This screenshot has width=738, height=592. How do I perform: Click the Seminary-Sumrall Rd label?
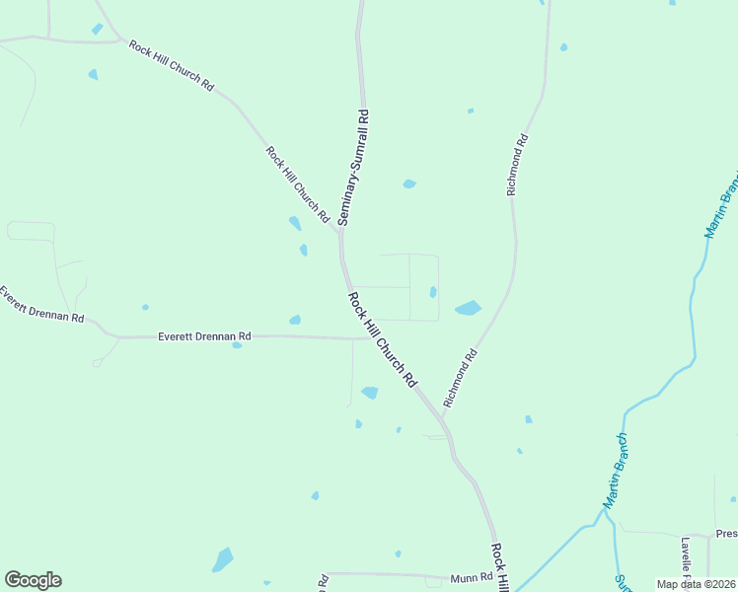[354, 168]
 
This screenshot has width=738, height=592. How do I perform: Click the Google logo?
[33, 580]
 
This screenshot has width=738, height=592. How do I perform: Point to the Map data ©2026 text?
[696, 584]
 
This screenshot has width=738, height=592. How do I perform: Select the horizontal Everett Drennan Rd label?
[204, 336]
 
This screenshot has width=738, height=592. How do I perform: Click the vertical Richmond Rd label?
[519, 165]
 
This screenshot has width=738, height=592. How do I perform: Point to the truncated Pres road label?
[726, 534]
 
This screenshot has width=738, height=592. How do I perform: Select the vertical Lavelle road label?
[686, 558]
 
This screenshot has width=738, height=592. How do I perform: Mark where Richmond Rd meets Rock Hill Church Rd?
[442, 418]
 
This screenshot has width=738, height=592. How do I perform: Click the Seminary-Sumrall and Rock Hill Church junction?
[340, 231]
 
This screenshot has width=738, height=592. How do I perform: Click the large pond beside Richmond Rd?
[468, 308]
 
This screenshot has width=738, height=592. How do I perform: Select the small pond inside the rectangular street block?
[433, 291]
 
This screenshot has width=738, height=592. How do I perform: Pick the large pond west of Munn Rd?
[223, 560]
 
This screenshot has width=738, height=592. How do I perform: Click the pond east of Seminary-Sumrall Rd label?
[408, 184]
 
